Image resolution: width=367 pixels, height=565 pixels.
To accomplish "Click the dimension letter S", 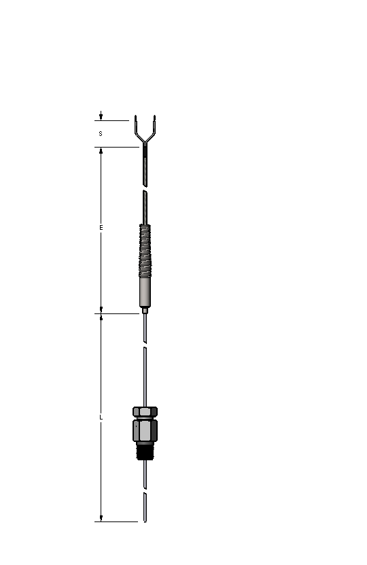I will point(101,134).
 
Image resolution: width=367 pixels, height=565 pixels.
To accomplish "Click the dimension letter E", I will point(101,227).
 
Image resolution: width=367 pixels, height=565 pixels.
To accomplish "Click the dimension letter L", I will point(101,417).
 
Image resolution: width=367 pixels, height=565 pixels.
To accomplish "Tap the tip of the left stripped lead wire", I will point(136,116).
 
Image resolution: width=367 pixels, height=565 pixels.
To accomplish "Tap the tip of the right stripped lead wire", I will point(155,116).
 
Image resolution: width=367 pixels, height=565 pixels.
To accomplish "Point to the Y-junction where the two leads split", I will point(145,143).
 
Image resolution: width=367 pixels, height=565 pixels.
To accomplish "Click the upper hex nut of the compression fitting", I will point(145,412).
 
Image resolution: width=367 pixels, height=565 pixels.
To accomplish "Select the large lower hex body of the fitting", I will point(145,430).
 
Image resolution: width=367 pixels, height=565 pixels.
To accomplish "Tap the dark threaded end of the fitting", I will point(145,451).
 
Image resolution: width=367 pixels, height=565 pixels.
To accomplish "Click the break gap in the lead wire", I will point(145,188).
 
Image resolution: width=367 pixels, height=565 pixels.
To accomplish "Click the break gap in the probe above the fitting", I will point(145,346).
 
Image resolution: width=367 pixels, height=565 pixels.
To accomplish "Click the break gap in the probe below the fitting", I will point(145,490).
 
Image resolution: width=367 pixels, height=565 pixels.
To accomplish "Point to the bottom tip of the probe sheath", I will point(145,521).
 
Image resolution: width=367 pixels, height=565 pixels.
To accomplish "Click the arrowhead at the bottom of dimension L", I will point(101,518).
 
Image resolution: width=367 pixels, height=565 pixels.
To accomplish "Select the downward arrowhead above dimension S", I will point(101,117).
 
